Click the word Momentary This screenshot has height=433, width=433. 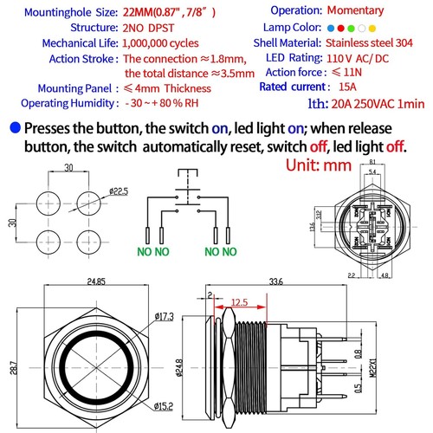coord(372,11)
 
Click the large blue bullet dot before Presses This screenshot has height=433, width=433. coord(14,129)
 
